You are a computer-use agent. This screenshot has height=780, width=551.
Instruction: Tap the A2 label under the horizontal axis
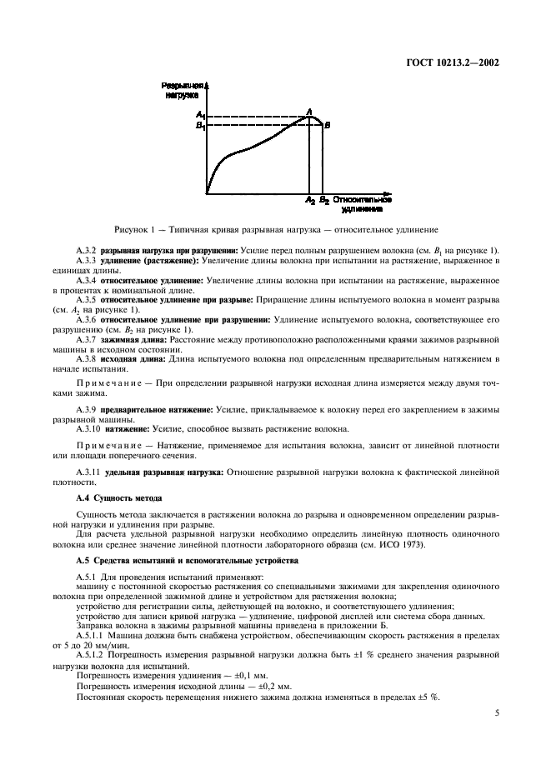click(x=310, y=201)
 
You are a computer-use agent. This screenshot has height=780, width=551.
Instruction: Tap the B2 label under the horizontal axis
click(x=323, y=201)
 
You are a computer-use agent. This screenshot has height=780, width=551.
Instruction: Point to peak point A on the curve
click(x=309, y=112)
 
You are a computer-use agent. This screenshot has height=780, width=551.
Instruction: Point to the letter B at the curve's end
click(x=328, y=125)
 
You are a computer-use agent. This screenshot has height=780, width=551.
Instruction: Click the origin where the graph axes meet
click(x=207, y=193)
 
